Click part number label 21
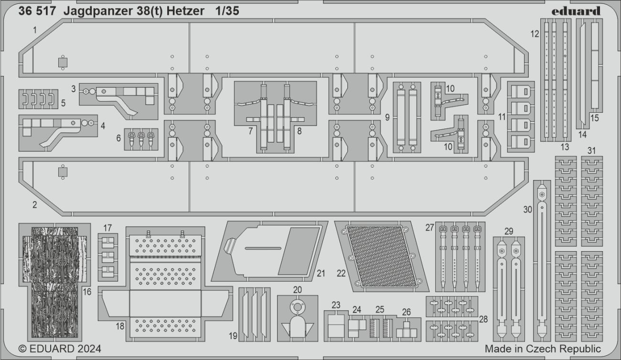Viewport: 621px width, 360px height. (321, 273)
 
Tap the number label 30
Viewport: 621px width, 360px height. (527, 209)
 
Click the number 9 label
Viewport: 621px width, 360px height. (387, 116)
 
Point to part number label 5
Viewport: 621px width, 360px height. (63, 103)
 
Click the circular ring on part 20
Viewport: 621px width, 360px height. (298, 307)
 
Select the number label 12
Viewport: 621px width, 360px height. (535, 34)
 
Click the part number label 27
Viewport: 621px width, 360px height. (429, 228)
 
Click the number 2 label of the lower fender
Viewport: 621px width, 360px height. (34, 205)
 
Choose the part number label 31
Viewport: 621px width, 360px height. (591, 150)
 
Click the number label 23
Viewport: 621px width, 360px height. (336, 305)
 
